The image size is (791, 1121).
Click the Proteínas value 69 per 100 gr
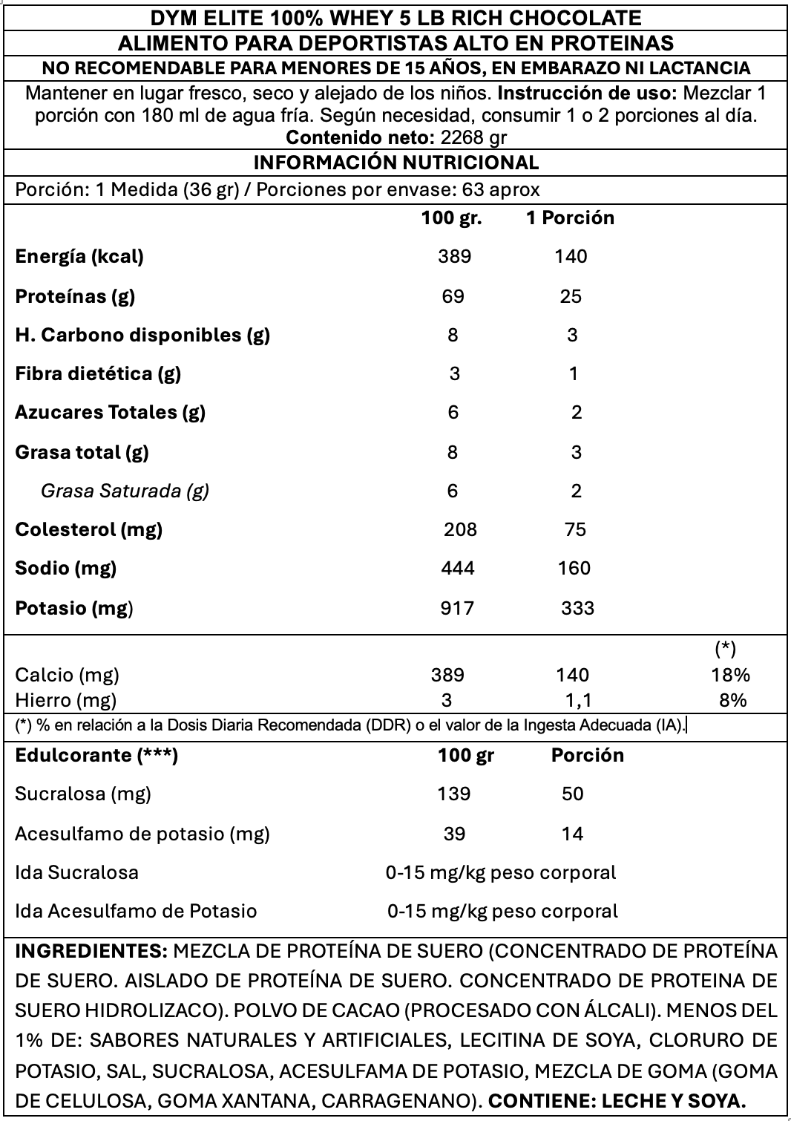pyautogui.click(x=453, y=296)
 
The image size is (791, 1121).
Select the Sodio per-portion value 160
pyautogui.click(x=574, y=568)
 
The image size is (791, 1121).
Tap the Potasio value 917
pyautogui.click(x=456, y=608)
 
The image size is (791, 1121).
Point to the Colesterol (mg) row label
pyautogui.click(x=88, y=529)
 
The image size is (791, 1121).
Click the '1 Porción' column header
pyautogui.click(x=570, y=218)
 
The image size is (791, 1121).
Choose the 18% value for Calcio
pyautogui.click(x=731, y=675)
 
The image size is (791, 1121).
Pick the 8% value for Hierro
pyautogui.click(x=732, y=699)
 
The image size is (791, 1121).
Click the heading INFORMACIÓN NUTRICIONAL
pyautogui.click(x=396, y=163)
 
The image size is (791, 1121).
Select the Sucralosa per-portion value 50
pyautogui.click(x=572, y=794)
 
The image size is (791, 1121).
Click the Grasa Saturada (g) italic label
pyautogui.click(x=125, y=491)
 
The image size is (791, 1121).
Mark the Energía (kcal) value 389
pyautogui.click(x=454, y=256)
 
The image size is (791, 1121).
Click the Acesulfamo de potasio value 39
pyautogui.click(x=454, y=834)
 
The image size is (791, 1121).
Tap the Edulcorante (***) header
pyautogui.click(x=96, y=755)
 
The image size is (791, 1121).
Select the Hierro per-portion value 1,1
pyautogui.click(x=576, y=699)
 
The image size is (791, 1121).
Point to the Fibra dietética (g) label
pyautogui.click(x=98, y=373)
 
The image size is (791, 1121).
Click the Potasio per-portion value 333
pyautogui.click(x=577, y=608)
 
